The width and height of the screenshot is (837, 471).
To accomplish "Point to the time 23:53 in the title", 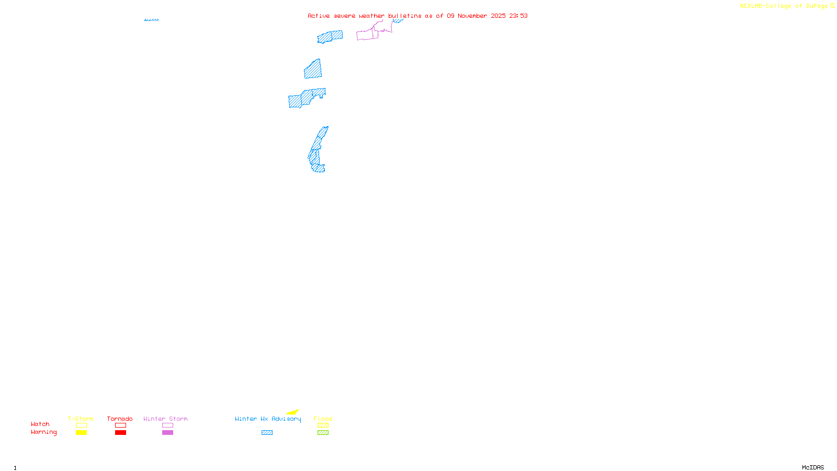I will [x=518, y=16].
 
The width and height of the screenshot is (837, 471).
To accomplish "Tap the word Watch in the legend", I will [x=40, y=424].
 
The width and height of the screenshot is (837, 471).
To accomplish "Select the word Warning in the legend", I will [x=43, y=432].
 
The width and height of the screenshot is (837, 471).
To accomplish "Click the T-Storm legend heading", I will [x=81, y=419].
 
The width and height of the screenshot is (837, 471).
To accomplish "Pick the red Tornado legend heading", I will [x=120, y=419].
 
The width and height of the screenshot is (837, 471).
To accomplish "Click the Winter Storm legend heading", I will [x=165, y=419].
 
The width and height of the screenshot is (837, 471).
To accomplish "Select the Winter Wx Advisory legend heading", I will [x=268, y=419].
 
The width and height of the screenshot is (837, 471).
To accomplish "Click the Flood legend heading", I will [x=323, y=419].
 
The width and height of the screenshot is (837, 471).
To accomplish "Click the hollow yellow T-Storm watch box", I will [x=81, y=425].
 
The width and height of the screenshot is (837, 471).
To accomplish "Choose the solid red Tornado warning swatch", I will [x=120, y=433].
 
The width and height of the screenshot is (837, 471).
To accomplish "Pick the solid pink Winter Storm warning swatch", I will [x=167, y=433].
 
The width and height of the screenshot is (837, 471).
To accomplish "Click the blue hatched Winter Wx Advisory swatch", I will [x=267, y=433].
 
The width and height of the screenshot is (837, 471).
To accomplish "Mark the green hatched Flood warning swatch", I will [x=323, y=433].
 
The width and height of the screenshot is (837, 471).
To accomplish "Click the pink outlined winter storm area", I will [x=367, y=35].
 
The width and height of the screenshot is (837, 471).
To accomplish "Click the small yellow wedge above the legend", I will [x=293, y=412].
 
